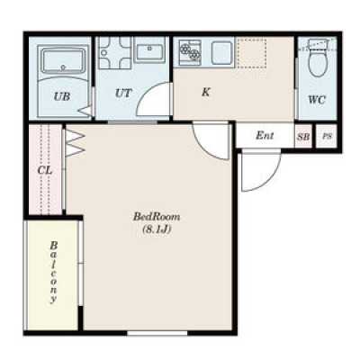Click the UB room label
[x=62, y=96]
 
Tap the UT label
[x=123, y=94]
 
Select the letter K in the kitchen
[x=206, y=92]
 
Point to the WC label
[x=317, y=100]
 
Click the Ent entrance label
[x=265, y=136]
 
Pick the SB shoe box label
[x=303, y=137]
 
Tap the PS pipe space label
[x=327, y=136]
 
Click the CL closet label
[x=45, y=170]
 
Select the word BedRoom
[x=157, y=217]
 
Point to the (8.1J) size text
[x=157, y=229]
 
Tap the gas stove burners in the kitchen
[x=190, y=52]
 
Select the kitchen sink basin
[x=221, y=53]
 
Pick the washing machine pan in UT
[x=115, y=53]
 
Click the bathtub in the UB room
[x=63, y=62]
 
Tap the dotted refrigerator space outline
[x=251, y=53]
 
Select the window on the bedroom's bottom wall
[x=157, y=333]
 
